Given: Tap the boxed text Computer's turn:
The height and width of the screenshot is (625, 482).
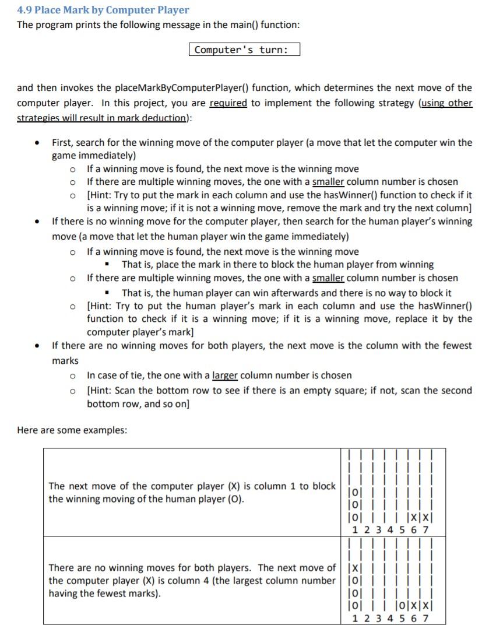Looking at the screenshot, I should (x=244, y=50).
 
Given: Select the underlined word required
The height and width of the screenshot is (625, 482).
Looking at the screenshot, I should (x=228, y=103).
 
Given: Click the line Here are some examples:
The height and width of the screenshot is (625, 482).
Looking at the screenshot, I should (x=72, y=430).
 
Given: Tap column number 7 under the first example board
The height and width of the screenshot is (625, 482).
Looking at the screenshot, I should (x=425, y=530).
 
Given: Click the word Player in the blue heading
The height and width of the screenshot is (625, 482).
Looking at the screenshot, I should (x=171, y=10).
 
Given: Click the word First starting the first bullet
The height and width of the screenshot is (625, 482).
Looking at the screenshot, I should (x=63, y=142).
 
